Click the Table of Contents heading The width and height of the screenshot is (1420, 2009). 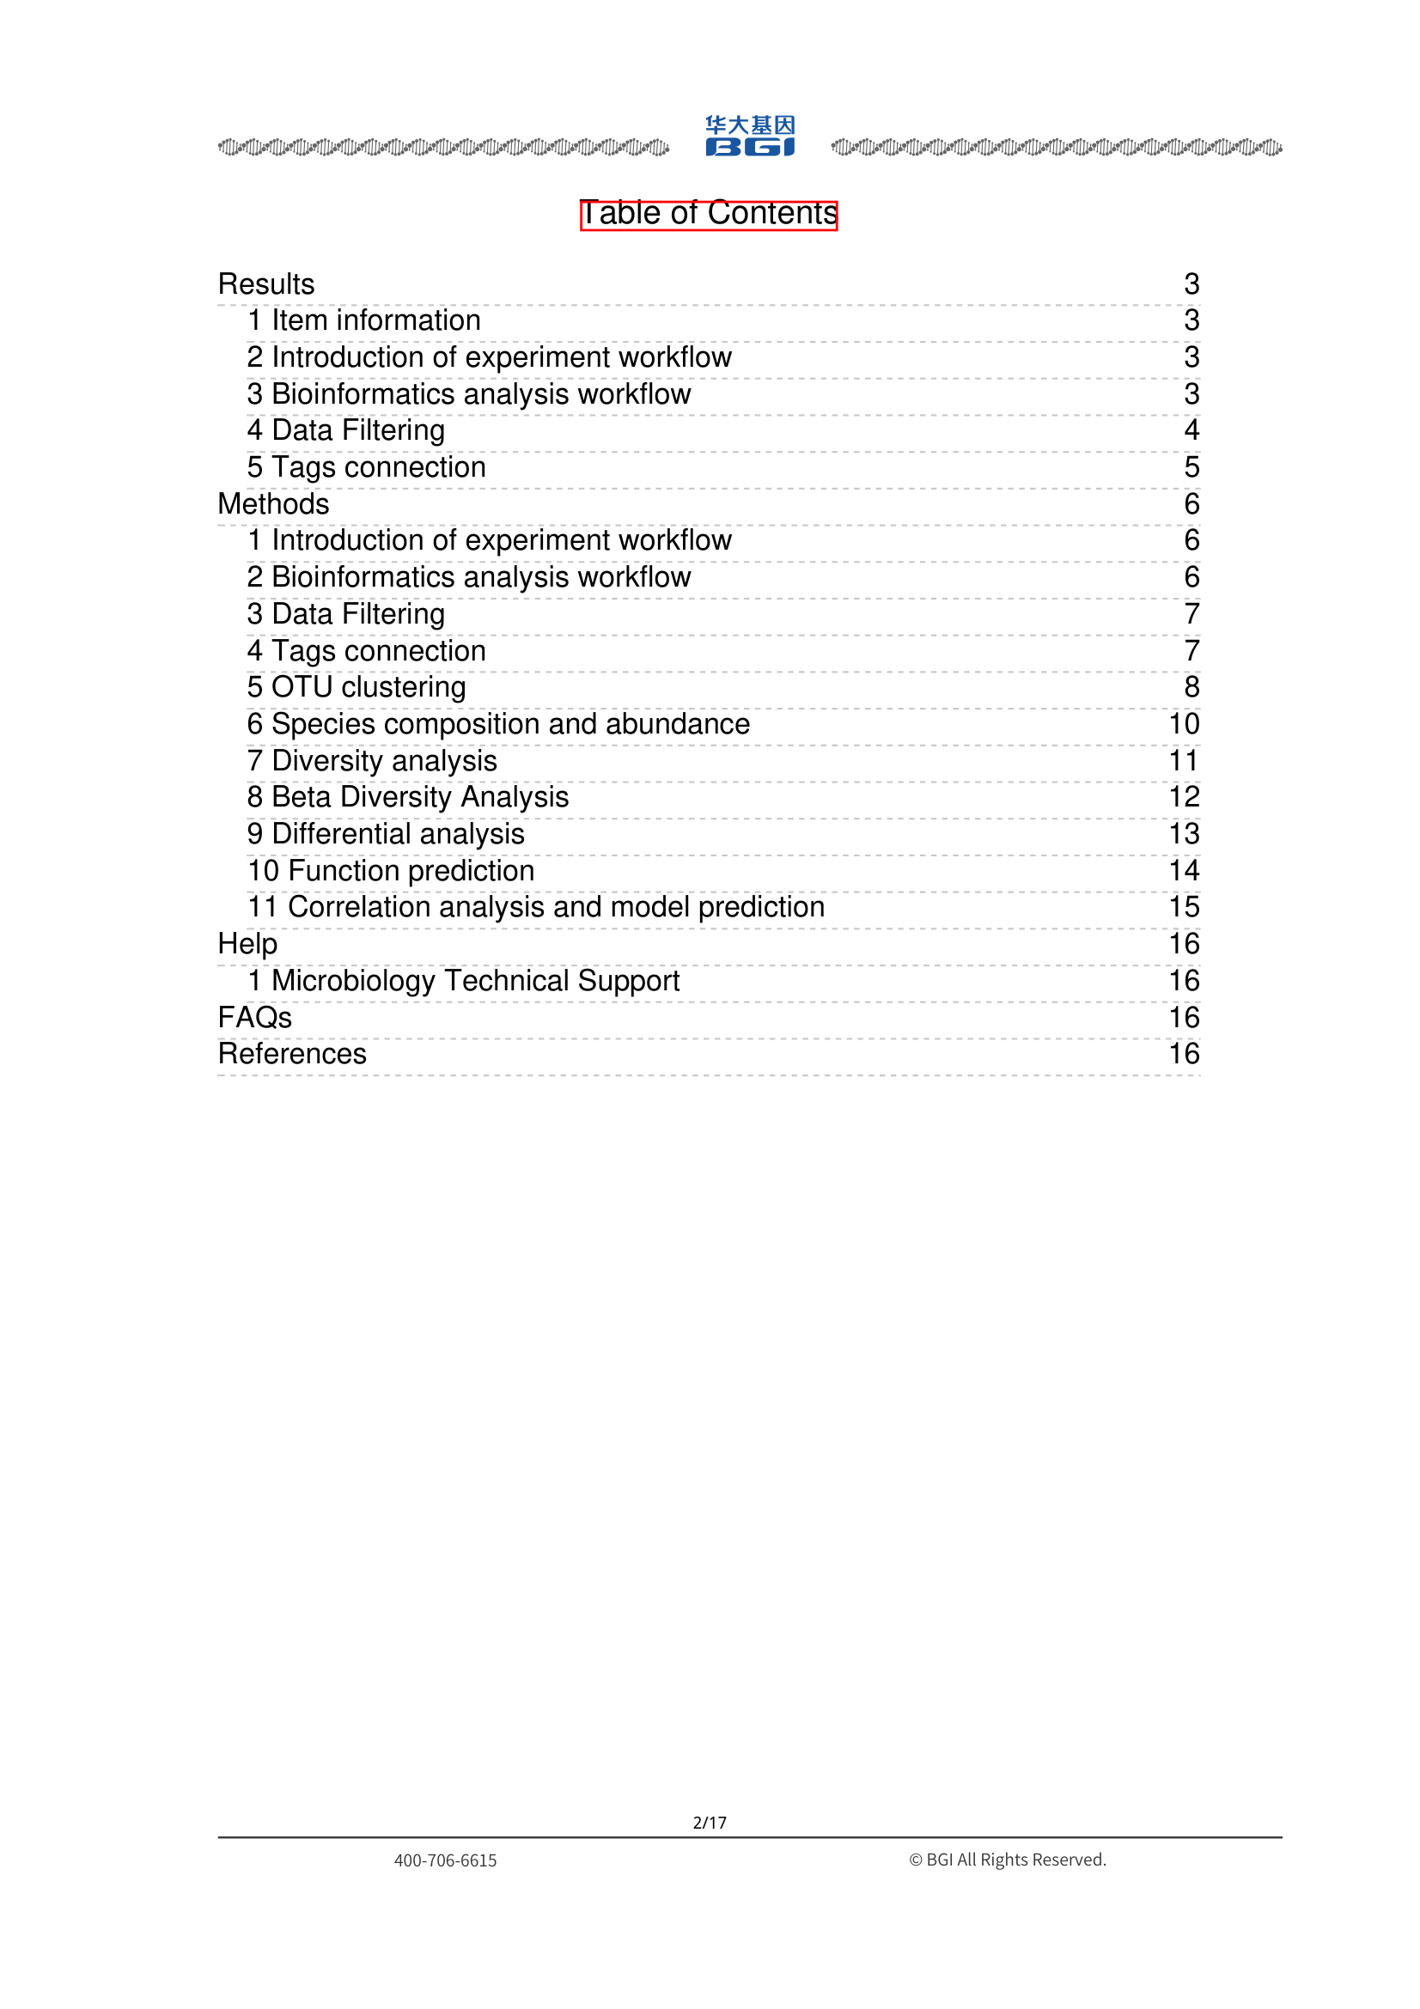coord(708,214)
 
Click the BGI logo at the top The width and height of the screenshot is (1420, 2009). coord(750,137)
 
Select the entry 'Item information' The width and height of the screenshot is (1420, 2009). coord(375,320)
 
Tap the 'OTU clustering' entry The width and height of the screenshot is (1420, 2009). coord(368,687)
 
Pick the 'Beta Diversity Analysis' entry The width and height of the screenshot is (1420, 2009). coord(419,797)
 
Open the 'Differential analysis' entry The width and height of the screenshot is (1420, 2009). coord(397,834)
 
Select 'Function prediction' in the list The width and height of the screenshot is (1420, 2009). coord(411,871)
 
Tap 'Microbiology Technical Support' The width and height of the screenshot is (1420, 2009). coord(475,981)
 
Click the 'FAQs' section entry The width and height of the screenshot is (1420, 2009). coord(254,1018)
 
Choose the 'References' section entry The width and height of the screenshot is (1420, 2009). coord(292,1054)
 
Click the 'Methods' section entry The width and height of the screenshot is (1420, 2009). coord(274,504)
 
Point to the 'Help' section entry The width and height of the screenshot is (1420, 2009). coord(247,944)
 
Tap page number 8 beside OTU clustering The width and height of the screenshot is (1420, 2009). coord(1191,687)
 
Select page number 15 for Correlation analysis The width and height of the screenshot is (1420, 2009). coord(1184,907)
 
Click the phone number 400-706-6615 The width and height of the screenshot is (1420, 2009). coord(445,1860)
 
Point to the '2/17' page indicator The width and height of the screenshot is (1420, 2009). coord(710,1823)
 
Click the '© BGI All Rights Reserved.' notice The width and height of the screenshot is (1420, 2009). coord(1007,1860)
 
